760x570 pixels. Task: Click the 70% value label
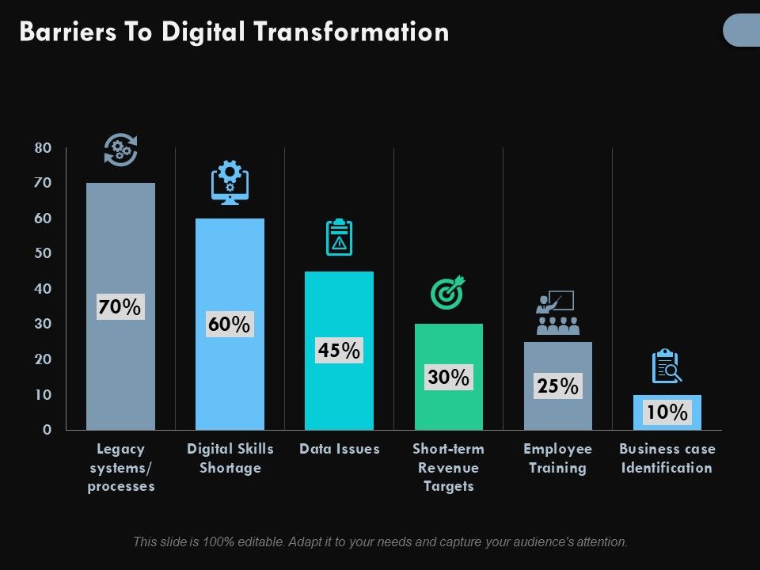pyautogui.click(x=120, y=306)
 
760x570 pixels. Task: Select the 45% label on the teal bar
pyautogui.click(x=339, y=350)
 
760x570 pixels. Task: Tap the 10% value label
pyautogui.click(x=667, y=412)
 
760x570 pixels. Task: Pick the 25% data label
pyautogui.click(x=557, y=386)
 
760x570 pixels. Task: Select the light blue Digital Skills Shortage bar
pyautogui.click(x=230, y=269)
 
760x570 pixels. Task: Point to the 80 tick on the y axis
pyautogui.click(x=43, y=148)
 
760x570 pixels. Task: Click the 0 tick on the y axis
pyautogui.click(x=47, y=430)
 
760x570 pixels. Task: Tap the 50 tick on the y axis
pyautogui.click(x=43, y=253)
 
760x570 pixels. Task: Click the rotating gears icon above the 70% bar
pyautogui.click(x=120, y=150)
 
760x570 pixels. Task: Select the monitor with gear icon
pyautogui.click(x=230, y=182)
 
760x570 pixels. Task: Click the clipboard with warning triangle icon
pyautogui.click(x=339, y=237)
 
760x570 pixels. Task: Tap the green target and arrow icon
pyautogui.click(x=448, y=292)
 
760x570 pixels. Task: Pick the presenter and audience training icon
pyautogui.click(x=557, y=313)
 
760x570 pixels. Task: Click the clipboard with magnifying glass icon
pyautogui.click(x=667, y=367)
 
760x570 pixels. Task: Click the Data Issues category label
pyautogui.click(x=339, y=449)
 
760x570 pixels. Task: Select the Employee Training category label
pyautogui.click(x=557, y=458)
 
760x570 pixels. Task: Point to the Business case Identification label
pyautogui.click(x=667, y=458)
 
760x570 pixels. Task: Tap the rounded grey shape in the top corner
pyautogui.click(x=743, y=30)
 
